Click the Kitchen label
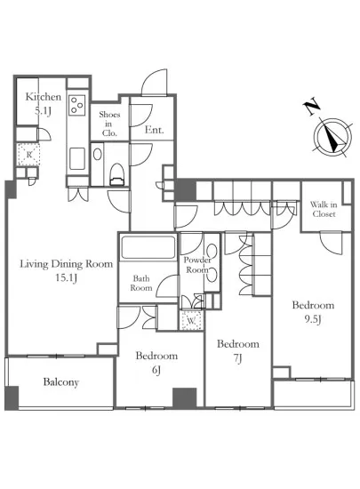click(43, 97)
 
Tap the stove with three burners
click(77, 105)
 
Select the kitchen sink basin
click(77, 159)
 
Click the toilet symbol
click(116, 174)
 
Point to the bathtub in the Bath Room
click(148, 247)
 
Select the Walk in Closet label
click(324, 209)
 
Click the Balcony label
click(60, 382)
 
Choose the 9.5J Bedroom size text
click(313, 319)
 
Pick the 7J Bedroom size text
click(237, 358)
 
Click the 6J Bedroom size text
click(156, 370)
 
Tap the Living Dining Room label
click(67, 264)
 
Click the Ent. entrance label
click(155, 130)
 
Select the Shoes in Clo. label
click(109, 124)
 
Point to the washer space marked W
click(191, 320)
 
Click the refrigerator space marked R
click(28, 155)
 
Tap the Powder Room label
click(197, 264)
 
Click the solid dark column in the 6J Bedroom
click(185, 398)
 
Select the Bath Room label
click(141, 283)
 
